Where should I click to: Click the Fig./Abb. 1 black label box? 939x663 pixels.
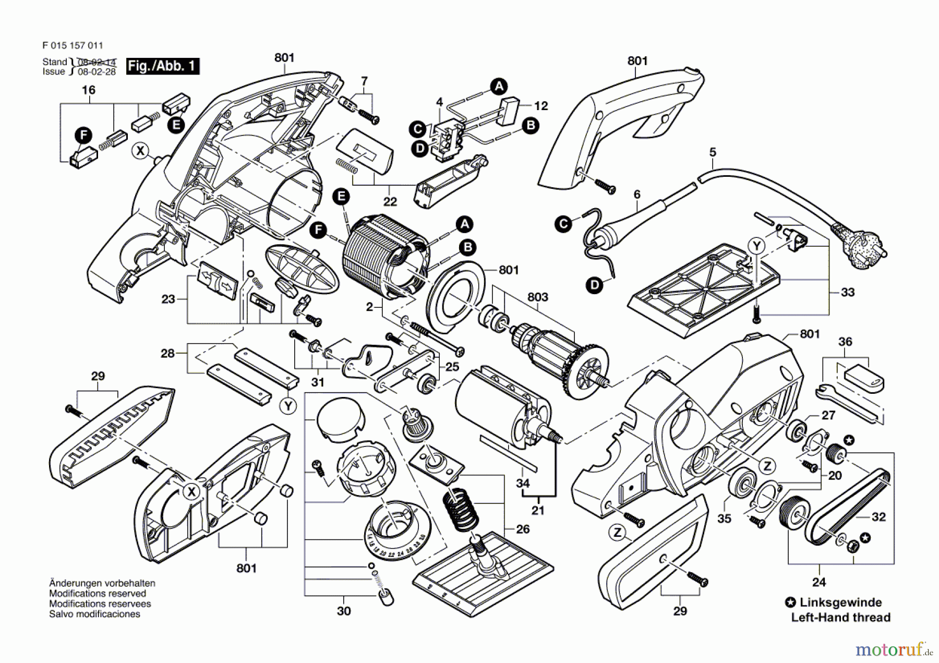click(162, 66)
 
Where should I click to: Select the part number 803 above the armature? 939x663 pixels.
click(537, 297)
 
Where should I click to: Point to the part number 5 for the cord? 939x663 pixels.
click(713, 152)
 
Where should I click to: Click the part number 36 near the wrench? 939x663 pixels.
click(845, 342)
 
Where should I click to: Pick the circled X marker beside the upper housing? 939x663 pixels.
click(140, 151)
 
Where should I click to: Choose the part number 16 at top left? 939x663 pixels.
click(89, 90)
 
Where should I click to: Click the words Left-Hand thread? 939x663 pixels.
click(840, 618)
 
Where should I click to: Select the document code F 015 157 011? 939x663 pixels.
click(73, 46)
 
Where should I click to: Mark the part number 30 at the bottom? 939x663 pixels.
click(344, 611)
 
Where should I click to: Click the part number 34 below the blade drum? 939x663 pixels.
click(523, 483)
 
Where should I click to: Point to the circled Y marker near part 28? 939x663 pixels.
click(288, 406)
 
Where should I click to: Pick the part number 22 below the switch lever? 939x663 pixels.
click(390, 201)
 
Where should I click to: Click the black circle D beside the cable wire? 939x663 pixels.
click(594, 285)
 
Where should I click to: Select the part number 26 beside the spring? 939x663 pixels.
click(523, 529)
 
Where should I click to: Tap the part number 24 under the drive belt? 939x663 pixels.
click(819, 582)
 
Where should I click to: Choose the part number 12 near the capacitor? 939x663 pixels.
click(541, 106)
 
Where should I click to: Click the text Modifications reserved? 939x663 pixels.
click(98, 594)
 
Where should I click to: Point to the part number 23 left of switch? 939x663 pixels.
click(168, 299)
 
